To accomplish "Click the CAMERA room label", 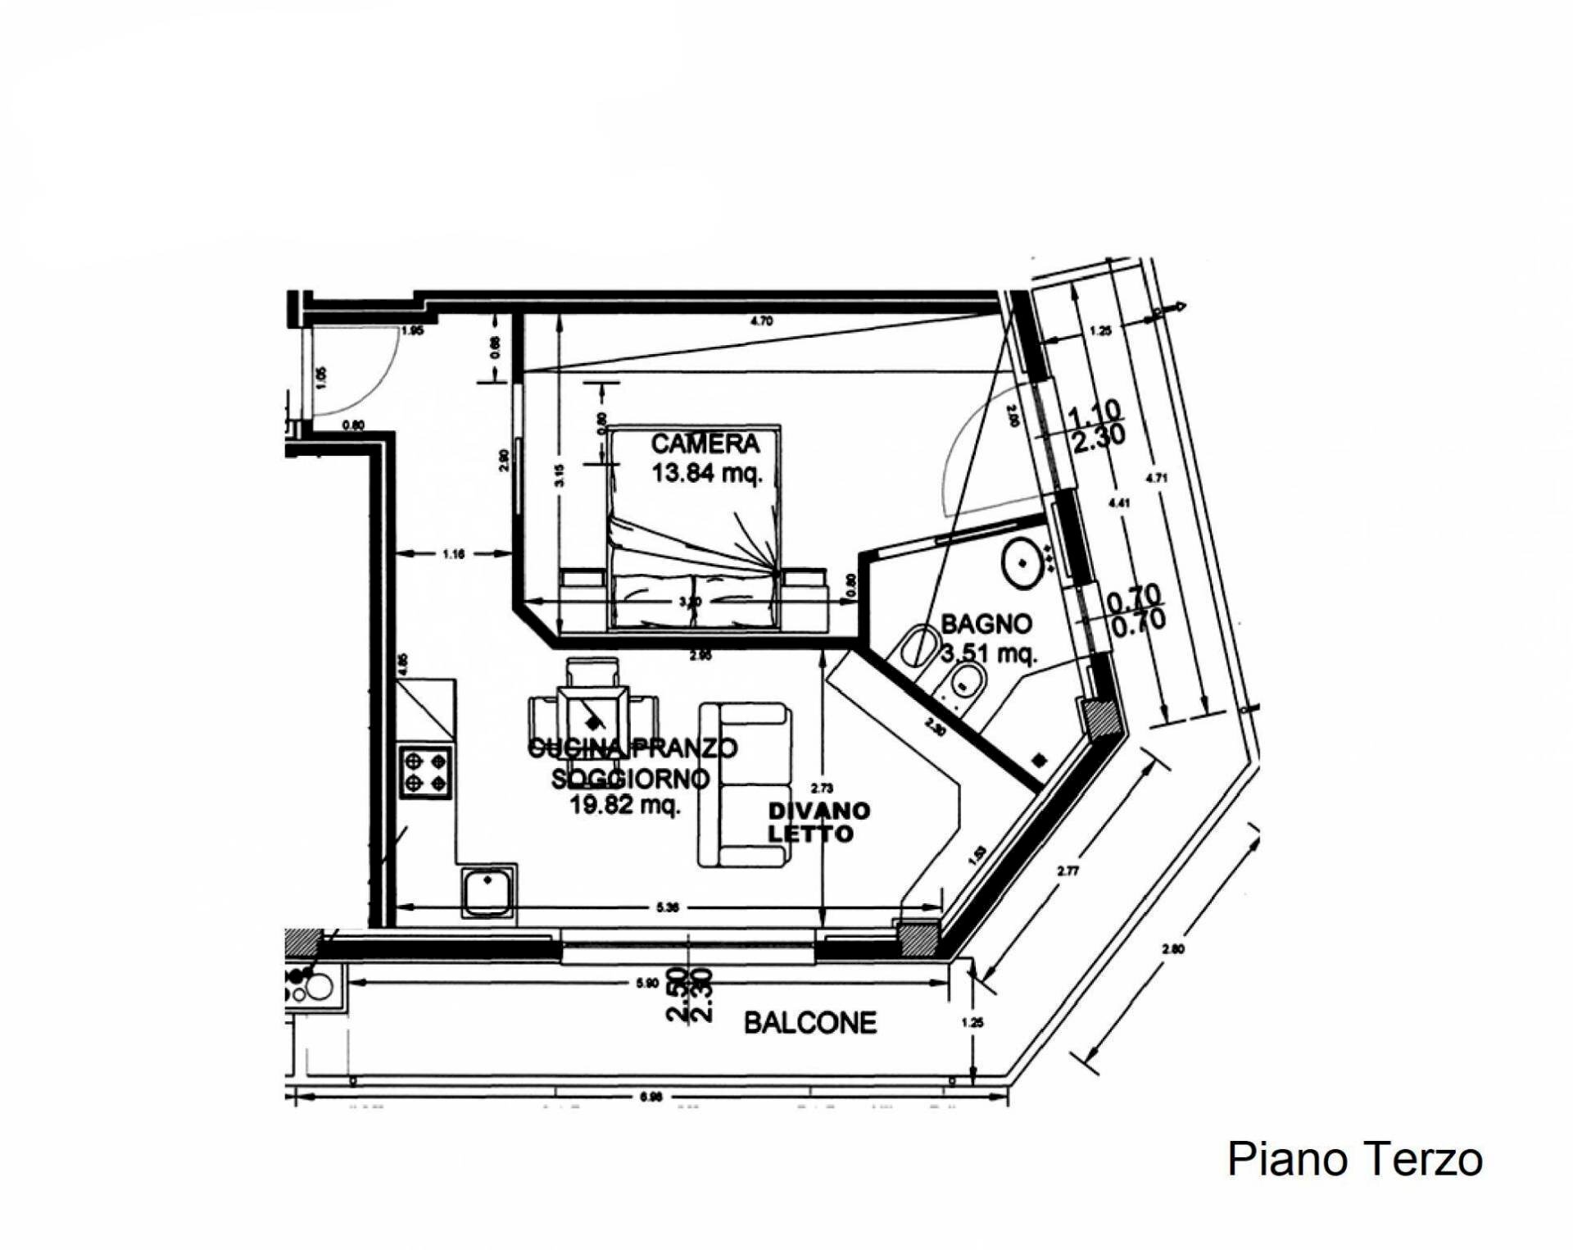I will pos(705,444).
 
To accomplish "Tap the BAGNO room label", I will pos(986,624).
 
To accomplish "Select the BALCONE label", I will pos(809,1023).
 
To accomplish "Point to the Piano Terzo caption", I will pos(1354,1159).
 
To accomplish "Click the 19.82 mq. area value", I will pos(624,805).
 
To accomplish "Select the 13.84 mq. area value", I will pos(706,473).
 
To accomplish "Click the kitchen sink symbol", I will pos(487,892).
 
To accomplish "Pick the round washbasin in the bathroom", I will pos(1022,563).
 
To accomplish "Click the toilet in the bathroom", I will pos(918,647).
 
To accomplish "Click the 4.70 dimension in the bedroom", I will pos(761,321).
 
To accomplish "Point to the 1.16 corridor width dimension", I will pos(453,554).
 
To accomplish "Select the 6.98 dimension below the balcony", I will pos(651,1097).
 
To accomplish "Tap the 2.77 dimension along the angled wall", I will pos(1068,871).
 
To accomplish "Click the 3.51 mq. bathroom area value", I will pos(989,654).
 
